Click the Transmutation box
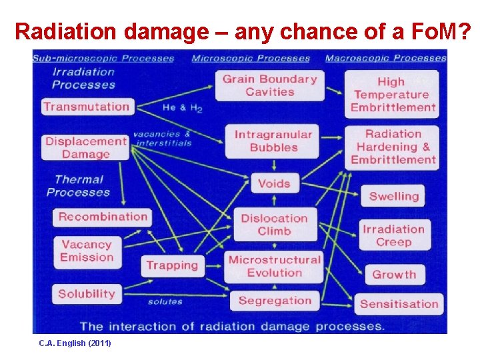click(x=87, y=107)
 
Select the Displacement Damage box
click(x=86, y=147)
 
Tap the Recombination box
click(x=102, y=217)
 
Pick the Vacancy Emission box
click(x=87, y=251)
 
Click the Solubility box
click(x=87, y=294)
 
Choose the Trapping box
click(x=172, y=265)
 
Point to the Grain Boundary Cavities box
click(x=269, y=85)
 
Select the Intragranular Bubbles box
click(x=273, y=141)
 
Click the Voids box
click(x=274, y=183)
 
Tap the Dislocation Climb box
click(x=274, y=225)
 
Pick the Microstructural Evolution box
click(x=274, y=265)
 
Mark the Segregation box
click(x=274, y=301)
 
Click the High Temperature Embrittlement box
click(x=393, y=94)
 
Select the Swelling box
click(x=393, y=196)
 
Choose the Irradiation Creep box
click(x=393, y=235)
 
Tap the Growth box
click(x=393, y=274)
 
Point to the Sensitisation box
click(x=399, y=304)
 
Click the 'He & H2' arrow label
click(x=182, y=107)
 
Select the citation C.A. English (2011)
click(x=75, y=343)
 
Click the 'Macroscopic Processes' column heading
click(x=385, y=58)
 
